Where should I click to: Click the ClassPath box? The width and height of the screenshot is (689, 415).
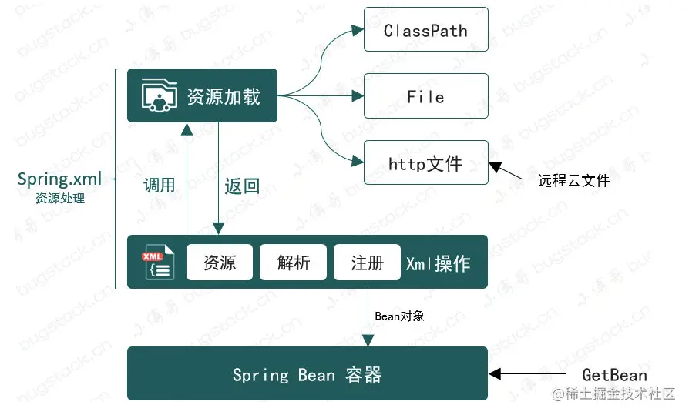pyautogui.click(x=425, y=30)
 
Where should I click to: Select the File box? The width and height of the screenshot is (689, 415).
pyautogui.click(x=425, y=96)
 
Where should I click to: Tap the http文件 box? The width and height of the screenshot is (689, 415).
pyautogui.click(x=425, y=162)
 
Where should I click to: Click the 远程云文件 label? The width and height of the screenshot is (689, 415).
pyautogui.click(x=573, y=181)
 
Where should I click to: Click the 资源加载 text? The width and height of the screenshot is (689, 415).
pyautogui.click(x=224, y=96)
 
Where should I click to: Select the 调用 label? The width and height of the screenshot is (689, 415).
pyautogui.click(x=160, y=186)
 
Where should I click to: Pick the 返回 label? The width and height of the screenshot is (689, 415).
pyautogui.click(x=241, y=186)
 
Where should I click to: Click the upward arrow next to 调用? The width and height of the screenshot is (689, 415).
pyautogui.click(x=187, y=177)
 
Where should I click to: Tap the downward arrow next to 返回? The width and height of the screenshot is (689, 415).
pyautogui.click(x=219, y=177)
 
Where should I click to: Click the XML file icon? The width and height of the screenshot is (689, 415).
pyautogui.click(x=157, y=263)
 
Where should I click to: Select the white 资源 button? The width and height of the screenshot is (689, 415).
pyautogui.click(x=220, y=263)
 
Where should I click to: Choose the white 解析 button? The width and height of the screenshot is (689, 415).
pyautogui.click(x=294, y=263)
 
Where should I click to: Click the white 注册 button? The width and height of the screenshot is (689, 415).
pyautogui.click(x=367, y=263)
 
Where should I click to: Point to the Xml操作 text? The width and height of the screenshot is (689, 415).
pyautogui.click(x=438, y=263)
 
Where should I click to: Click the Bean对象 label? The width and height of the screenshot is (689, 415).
pyautogui.click(x=399, y=316)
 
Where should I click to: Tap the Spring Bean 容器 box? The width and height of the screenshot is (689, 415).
pyautogui.click(x=307, y=374)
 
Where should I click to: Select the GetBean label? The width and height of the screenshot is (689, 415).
pyautogui.click(x=614, y=375)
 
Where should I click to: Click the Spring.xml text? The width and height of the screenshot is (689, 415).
pyautogui.click(x=59, y=179)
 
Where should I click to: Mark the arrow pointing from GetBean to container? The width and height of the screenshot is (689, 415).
pyautogui.click(x=532, y=375)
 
